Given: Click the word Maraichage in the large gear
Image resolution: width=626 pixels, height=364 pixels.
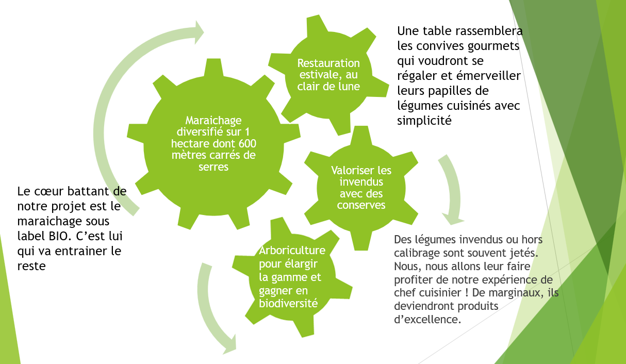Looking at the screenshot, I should [206, 120].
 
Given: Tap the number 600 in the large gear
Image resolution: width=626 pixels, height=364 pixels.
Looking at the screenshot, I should [245, 143].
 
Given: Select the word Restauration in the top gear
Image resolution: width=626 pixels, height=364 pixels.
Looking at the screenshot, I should [328, 63].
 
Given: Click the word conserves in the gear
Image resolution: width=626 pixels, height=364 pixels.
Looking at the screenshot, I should [361, 205].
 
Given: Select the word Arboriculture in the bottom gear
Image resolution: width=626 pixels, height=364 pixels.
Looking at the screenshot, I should [292, 251].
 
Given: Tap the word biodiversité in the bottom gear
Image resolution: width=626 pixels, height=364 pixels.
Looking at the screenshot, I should [288, 303].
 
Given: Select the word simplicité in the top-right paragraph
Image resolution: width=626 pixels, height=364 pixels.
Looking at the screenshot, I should [424, 121].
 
